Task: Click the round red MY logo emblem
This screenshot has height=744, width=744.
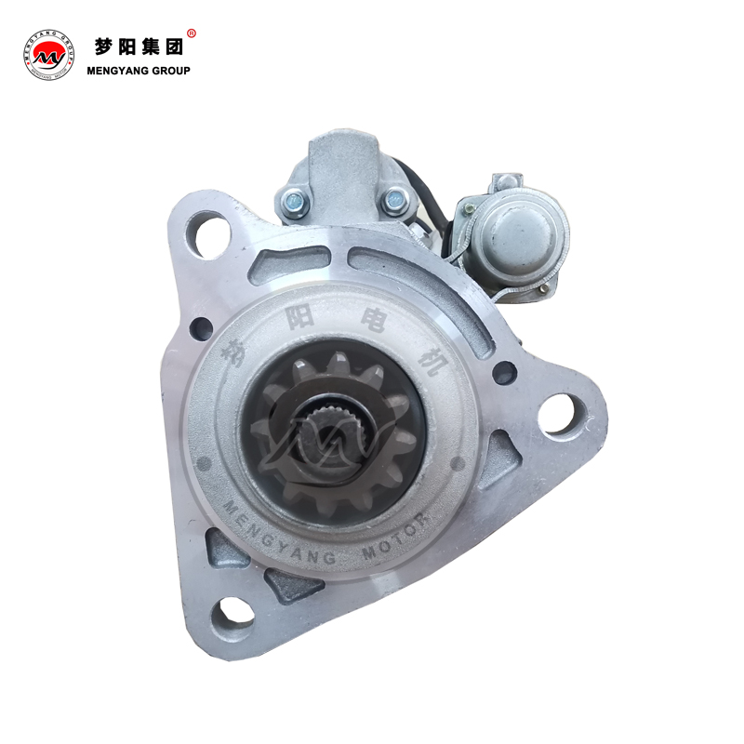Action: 48,55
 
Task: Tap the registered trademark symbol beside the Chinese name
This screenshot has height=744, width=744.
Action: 192,33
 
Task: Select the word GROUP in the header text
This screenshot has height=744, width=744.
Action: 171,71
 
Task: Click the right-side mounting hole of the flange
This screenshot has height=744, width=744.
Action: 563,415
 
